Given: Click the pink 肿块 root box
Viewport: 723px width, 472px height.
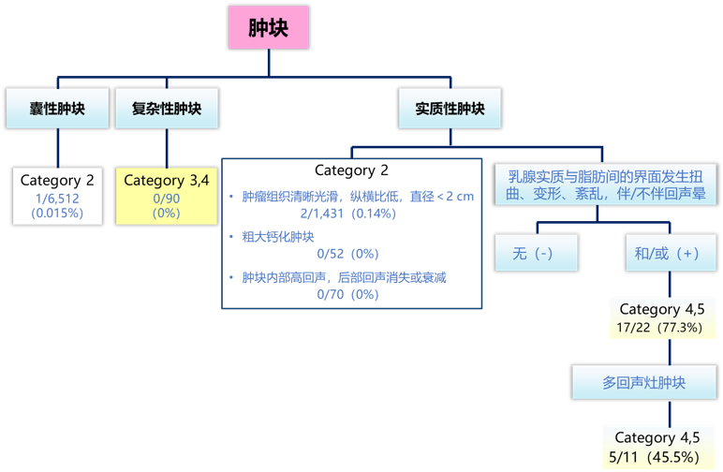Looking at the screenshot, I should click(269, 27).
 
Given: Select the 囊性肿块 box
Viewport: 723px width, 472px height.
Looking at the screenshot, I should click(58, 109).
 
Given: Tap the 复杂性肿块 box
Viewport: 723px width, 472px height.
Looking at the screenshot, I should click(167, 109).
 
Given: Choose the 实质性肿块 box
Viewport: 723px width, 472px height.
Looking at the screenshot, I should click(450, 109).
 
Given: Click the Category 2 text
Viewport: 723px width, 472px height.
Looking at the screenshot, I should click(58, 180).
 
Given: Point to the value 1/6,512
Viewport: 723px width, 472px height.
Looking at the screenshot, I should click(58, 198).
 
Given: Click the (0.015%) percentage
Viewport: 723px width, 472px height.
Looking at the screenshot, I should click(58, 213).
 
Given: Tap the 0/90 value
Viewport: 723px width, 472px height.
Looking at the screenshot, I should click(167, 199).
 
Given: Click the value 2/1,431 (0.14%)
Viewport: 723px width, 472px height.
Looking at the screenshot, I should click(347, 214).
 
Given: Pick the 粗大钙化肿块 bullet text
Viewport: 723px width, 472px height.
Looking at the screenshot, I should click(278, 237).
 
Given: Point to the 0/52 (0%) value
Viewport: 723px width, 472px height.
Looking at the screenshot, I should click(347, 254).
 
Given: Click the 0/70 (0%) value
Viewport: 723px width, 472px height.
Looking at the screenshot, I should click(347, 294).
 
